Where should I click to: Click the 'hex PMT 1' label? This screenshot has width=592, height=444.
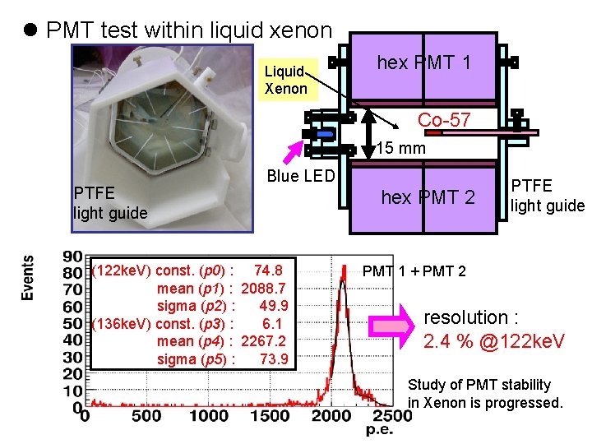tap(423, 62)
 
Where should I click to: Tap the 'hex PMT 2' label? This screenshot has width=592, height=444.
tap(428, 197)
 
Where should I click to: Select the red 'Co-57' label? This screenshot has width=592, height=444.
tap(443, 120)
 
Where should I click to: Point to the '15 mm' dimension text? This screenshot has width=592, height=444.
tap(400, 148)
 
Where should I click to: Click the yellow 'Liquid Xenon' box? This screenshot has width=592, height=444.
tap(285, 80)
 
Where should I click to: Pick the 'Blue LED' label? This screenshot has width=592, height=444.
tap(301, 176)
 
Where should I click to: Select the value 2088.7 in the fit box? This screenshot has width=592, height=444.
tap(264, 289)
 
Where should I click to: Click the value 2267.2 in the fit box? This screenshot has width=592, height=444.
tap(264, 341)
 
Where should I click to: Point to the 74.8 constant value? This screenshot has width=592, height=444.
tap(269, 271)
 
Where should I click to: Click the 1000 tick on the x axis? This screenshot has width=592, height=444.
tap(208, 416)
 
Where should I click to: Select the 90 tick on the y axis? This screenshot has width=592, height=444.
tap(72, 255)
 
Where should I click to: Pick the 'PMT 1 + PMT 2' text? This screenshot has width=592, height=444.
tap(414, 271)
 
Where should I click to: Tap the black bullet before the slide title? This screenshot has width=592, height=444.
tap(31, 31)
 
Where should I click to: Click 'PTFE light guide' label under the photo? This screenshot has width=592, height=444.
tap(110, 203)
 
